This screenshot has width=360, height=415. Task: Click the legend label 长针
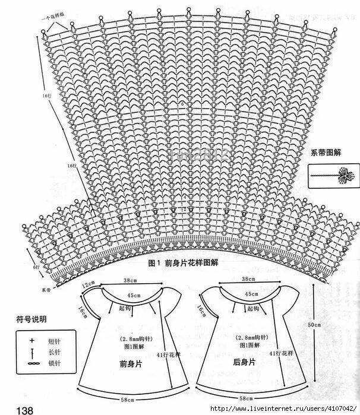(x=53, y=352)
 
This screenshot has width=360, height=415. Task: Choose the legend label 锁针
(x=53, y=363)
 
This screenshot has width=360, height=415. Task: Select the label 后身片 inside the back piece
(x=244, y=361)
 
